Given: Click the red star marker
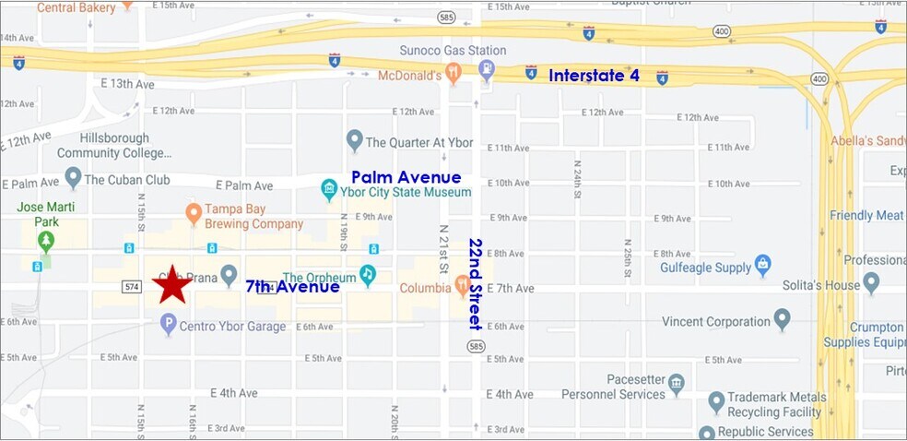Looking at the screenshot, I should pyautogui.click(x=171, y=285).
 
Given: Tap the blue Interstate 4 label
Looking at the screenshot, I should pyautogui.click(x=594, y=76).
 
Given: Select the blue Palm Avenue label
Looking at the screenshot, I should pyautogui.click(x=406, y=177).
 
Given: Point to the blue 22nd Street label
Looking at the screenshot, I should pyautogui.click(x=476, y=284).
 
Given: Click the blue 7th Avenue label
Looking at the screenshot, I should pyautogui.click(x=292, y=287).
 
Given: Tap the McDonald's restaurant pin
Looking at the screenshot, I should pyautogui.click(x=453, y=73).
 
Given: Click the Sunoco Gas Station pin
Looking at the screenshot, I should pyautogui.click(x=487, y=69).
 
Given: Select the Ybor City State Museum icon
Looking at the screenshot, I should pyautogui.click(x=329, y=190).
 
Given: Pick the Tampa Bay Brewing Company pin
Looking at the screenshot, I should pyautogui.click(x=194, y=214).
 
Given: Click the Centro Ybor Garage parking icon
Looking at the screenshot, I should pyautogui.click(x=168, y=324).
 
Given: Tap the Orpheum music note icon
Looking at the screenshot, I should pyautogui.click(x=368, y=275).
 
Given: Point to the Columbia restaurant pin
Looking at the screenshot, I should pyautogui.click(x=463, y=286).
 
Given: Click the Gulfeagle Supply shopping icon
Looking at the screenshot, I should pyautogui.click(x=762, y=266).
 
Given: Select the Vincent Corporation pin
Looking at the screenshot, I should pyautogui.click(x=782, y=320).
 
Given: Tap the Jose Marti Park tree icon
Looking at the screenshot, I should pyautogui.click(x=45, y=241).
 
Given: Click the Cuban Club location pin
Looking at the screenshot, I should pyautogui.click(x=73, y=177).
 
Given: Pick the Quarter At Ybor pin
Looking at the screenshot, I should pyautogui.click(x=355, y=140).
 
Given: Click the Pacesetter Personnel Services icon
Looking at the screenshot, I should pyautogui.click(x=676, y=383).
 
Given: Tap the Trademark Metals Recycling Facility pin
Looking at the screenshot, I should pyautogui.click(x=716, y=402).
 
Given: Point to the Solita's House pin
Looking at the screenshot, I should pyautogui.click(x=871, y=284).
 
